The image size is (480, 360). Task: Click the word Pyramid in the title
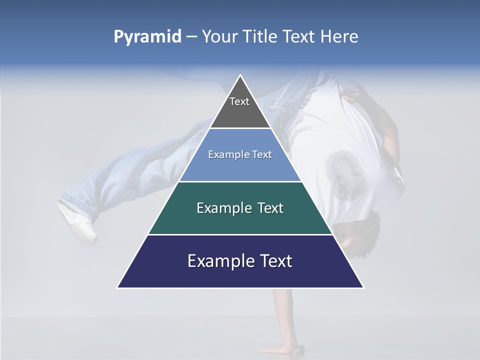(147, 37)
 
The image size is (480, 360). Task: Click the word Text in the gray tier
(239, 101)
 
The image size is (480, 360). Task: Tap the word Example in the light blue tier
(224, 154)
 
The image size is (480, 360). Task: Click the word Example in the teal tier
(221, 208)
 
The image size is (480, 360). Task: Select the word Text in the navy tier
(274, 261)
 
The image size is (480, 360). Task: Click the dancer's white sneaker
(77, 222)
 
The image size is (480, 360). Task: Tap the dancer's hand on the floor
(280, 348)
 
